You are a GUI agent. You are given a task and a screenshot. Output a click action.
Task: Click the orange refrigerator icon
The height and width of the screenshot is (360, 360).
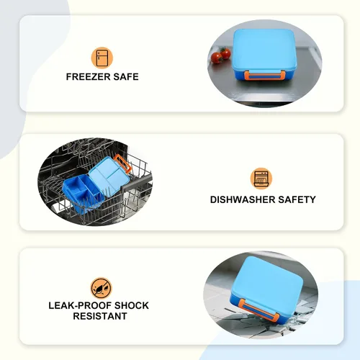102,58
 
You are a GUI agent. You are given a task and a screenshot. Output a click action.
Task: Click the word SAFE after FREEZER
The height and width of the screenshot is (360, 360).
126,77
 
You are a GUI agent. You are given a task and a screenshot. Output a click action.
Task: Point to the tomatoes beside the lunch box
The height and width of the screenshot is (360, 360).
220,55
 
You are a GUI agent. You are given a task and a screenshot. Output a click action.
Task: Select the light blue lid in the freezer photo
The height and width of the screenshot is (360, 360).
264,49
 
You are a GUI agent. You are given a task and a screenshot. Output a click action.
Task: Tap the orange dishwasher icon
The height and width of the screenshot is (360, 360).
261,179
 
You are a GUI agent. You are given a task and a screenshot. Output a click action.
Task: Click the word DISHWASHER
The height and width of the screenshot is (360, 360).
243,199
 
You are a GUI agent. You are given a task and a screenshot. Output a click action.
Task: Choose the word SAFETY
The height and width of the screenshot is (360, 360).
297,199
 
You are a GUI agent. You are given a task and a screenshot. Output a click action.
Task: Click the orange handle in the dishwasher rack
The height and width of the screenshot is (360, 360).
123,163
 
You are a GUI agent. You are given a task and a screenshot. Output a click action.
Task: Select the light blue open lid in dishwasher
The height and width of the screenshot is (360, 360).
109,174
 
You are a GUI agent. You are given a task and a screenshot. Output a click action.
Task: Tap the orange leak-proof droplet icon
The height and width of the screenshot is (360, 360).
102,288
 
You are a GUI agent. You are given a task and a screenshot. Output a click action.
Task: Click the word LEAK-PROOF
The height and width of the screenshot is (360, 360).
80,305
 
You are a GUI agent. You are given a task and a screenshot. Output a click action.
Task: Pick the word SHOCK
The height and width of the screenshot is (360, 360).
132,305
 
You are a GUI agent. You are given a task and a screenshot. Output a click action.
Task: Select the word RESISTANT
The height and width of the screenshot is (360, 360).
100,316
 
